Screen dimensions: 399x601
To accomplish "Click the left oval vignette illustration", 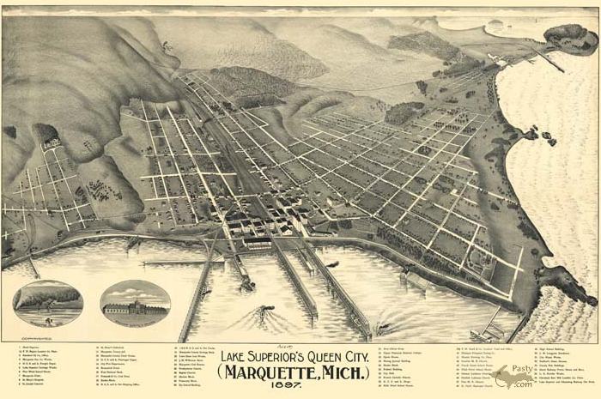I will pyautogui.click(x=48, y=301).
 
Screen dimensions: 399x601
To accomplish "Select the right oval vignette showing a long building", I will pyautogui.click(x=135, y=301).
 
